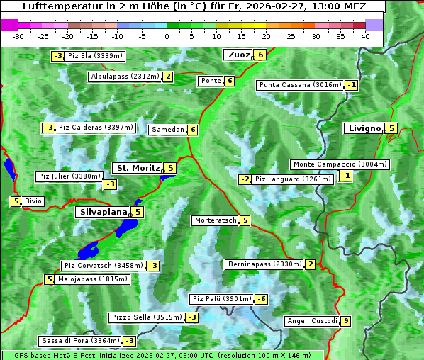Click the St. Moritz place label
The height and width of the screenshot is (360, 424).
tap(138, 168)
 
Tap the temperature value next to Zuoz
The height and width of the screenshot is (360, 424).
tap(261, 55)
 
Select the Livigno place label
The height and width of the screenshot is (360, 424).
tap(364, 128)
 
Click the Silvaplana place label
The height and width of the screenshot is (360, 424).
tap(104, 211)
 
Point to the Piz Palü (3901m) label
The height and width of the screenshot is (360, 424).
tap(221, 299)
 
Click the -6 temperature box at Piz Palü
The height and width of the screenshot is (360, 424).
tap(262, 299)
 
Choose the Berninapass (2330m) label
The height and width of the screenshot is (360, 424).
tap(264, 264)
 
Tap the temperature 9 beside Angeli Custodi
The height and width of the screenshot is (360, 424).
tap(345, 321)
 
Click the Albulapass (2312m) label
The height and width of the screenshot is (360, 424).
tap(124, 77)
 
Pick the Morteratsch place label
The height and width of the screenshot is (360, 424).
tap(215, 220)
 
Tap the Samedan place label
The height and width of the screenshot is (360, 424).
tap(167, 130)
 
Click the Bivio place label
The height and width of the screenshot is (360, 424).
tap(33, 201)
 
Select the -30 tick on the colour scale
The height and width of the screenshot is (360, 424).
tap(18, 35)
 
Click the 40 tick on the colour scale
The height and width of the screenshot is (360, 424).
tap(365, 35)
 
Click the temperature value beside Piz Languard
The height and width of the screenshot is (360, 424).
tap(245, 179)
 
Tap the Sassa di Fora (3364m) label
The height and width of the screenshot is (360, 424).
tap(79, 341)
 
